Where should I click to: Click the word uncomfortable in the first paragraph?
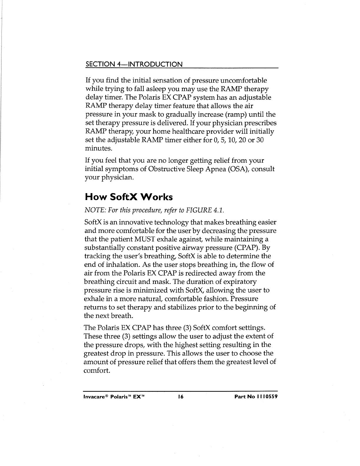tap(241, 80)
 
